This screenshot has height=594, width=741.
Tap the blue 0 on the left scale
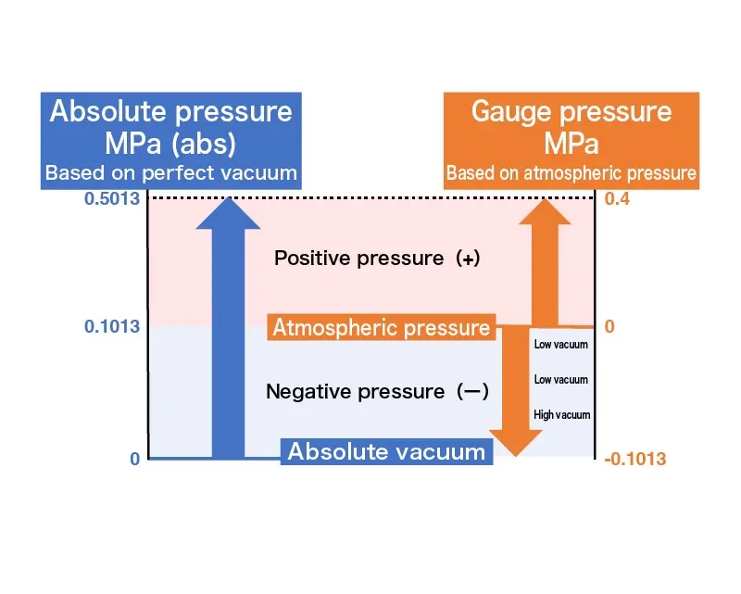pos(134,459)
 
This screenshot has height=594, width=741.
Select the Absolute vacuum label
pos(386,451)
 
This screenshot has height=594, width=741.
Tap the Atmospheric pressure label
pos(381,327)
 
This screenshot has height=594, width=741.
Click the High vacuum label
pos(561,414)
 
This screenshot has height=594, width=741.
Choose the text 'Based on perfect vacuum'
pos(171,172)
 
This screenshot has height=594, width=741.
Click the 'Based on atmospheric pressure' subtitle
pos(571,173)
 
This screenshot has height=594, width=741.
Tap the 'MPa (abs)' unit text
pos(170,144)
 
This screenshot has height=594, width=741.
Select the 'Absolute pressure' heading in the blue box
pos(170,112)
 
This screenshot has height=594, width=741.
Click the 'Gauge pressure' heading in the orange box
pos(571,112)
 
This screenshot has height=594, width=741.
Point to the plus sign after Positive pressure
pos(469,259)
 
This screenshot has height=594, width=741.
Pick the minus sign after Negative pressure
pos(471,392)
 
